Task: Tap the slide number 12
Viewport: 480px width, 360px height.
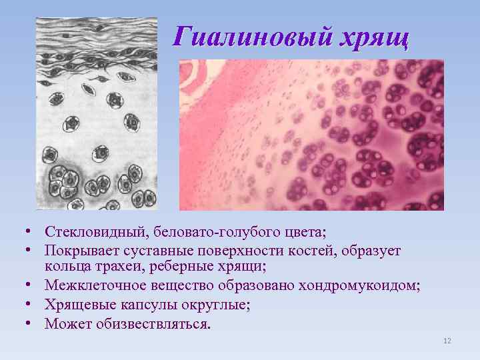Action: pyautogui.click(x=447, y=341)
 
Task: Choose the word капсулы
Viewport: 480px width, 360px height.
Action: pyautogui.click(x=145, y=305)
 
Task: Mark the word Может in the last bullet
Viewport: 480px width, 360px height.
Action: pyautogui.click(x=65, y=323)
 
